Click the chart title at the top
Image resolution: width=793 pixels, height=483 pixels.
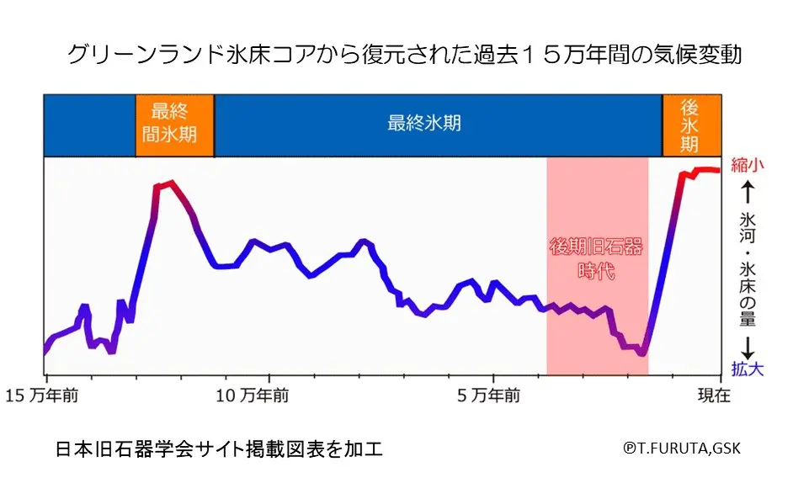tap(404, 55)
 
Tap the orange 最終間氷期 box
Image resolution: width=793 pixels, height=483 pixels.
tap(174, 124)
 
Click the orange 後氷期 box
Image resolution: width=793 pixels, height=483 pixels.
tap(690, 125)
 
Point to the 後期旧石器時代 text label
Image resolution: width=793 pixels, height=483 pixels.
tap(596, 259)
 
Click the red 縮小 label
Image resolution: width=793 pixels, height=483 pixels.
tap(748, 165)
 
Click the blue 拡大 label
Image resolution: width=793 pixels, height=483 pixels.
tap(748, 369)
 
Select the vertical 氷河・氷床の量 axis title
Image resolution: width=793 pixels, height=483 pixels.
tap(748, 268)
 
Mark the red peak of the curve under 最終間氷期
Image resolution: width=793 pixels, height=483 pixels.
tap(171, 182)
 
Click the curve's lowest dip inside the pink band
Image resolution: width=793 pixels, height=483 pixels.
tap(642, 353)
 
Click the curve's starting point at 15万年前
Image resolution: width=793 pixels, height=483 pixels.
tap(45, 350)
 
